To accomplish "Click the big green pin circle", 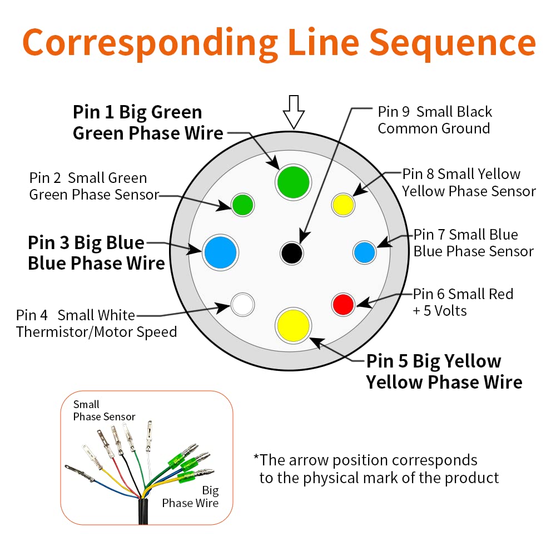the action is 293,182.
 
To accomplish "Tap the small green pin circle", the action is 242,205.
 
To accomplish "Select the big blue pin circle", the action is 220,252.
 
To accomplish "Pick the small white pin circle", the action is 242,304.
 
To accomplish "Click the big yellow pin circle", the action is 293,325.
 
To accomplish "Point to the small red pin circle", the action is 343,304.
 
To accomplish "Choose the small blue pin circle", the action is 364,252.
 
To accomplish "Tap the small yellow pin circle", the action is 343,205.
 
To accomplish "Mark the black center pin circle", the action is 291,253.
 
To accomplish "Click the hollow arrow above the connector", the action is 294,112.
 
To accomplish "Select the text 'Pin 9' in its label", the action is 394,112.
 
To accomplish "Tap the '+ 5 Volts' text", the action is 440,311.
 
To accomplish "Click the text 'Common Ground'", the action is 434,128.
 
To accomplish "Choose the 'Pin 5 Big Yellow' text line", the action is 434,361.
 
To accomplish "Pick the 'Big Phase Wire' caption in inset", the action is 190,497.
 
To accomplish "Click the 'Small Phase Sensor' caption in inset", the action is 105,411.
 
